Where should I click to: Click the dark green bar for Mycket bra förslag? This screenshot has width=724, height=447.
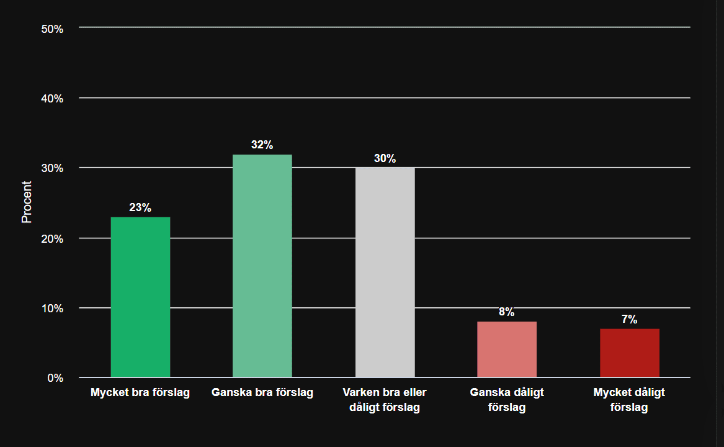140,297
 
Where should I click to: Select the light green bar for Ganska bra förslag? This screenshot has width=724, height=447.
262,266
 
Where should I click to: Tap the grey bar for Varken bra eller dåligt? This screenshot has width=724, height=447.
385,272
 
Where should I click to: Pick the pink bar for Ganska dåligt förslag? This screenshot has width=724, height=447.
507,349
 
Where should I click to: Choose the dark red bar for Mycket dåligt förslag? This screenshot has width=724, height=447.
629,353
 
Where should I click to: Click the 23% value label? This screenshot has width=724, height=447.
140,207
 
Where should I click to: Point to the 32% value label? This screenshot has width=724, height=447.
262,145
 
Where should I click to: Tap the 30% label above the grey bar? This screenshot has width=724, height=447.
385,158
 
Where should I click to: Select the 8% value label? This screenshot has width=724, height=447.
507,312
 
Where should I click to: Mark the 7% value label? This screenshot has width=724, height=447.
629,319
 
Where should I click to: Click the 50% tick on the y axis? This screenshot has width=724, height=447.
53,29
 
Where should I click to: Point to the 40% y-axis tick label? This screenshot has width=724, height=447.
53,98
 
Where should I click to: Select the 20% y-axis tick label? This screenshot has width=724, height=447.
53,238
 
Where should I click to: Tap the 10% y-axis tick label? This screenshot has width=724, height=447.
53,308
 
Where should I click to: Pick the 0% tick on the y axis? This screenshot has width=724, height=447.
55,377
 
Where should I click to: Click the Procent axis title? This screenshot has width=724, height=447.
27,202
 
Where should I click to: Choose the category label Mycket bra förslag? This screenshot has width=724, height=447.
140,392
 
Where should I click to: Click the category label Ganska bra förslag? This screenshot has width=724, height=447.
262,392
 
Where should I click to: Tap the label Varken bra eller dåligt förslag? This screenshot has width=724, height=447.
385,400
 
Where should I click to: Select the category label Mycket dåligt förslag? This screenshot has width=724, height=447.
629,400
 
